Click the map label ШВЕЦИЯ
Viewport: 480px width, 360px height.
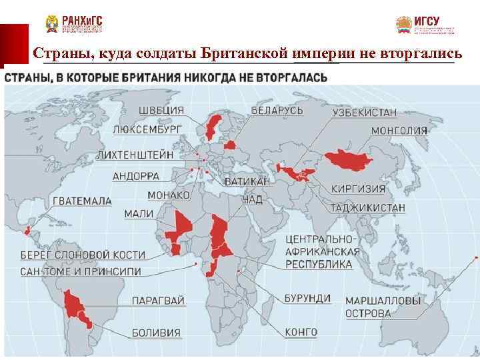(x=162, y=110)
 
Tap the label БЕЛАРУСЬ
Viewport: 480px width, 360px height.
(x=277, y=110)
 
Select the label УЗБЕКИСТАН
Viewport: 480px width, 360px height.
(x=365, y=113)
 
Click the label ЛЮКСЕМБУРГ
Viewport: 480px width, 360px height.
(x=147, y=129)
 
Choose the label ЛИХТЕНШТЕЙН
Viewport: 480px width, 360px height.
(x=135, y=154)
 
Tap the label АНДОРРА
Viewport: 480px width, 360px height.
(x=136, y=177)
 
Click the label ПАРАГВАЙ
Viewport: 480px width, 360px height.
(x=158, y=301)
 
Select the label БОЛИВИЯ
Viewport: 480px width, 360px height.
(x=156, y=332)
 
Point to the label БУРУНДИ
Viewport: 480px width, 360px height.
(x=307, y=298)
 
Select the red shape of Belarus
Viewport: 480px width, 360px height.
(x=230, y=145)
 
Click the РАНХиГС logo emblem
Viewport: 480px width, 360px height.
(x=51, y=25)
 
